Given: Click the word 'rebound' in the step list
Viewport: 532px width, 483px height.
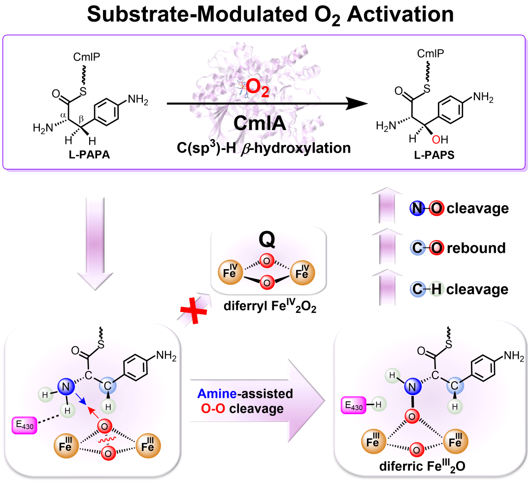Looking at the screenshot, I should (476, 248).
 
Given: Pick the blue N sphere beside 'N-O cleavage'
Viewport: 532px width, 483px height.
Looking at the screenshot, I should (417, 208).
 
